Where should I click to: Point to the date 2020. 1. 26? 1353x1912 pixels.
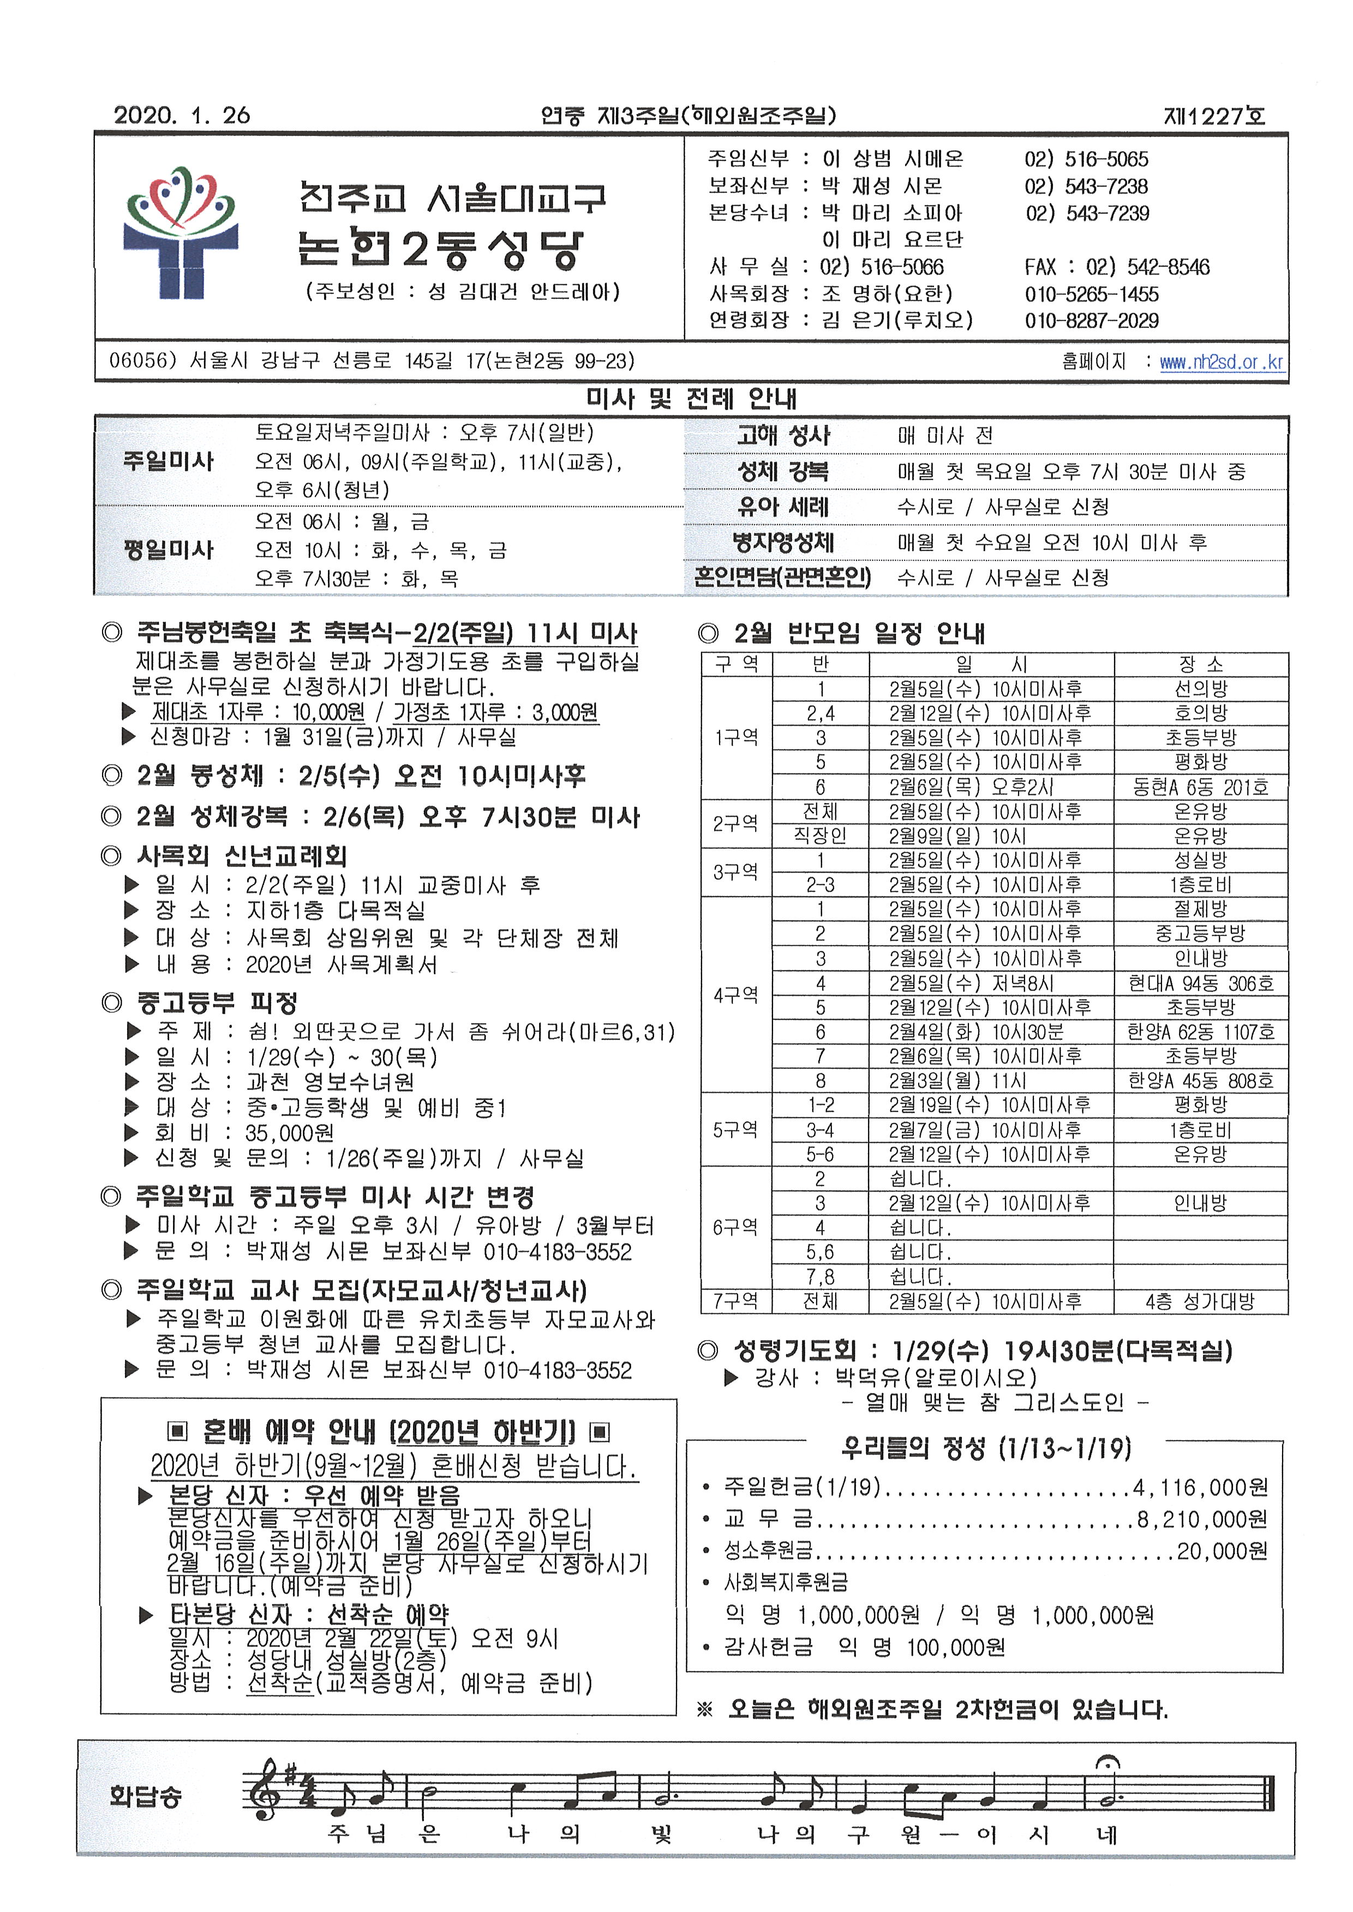(x=182, y=115)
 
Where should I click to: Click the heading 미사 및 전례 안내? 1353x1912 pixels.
(x=691, y=398)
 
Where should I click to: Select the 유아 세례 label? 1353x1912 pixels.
(x=782, y=506)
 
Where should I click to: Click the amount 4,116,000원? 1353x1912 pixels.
(x=1200, y=1487)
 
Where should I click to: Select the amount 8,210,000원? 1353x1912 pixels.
(x=1202, y=1519)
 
